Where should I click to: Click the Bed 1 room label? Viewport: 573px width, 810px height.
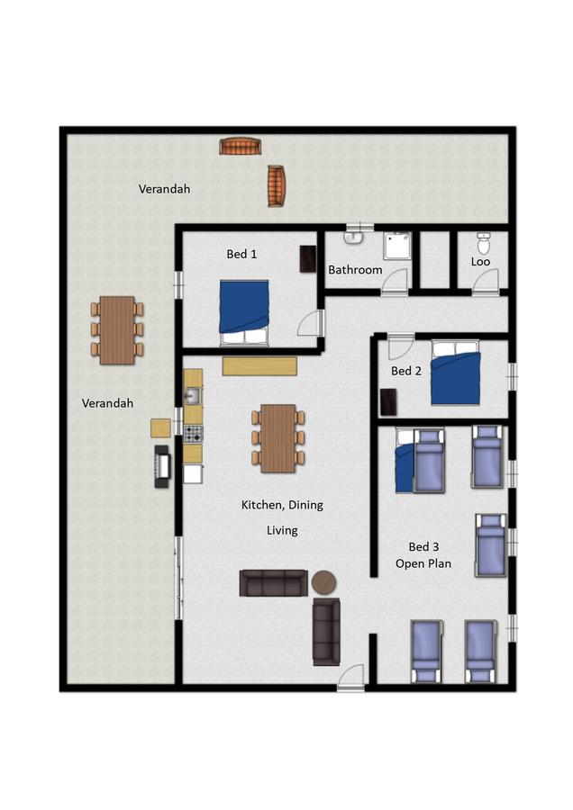pos(241,254)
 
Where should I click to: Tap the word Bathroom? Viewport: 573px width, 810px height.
pos(355,270)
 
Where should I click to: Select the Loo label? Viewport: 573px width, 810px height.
pos(480,261)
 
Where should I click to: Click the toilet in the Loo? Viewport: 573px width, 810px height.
pos(484,242)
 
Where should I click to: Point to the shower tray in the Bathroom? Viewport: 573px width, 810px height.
pos(397,246)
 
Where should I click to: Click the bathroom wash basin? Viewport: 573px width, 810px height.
pos(354,237)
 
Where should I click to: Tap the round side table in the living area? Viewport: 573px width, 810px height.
pos(323,582)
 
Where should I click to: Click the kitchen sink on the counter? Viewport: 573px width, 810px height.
pos(193,396)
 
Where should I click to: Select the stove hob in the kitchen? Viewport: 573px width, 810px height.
pos(194,434)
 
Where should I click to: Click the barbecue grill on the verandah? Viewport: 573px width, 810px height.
pos(163,466)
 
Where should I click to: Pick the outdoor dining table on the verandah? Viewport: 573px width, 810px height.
pos(117,330)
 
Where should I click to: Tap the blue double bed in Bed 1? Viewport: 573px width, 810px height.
pos(244,312)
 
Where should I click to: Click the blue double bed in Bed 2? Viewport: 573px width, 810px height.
pos(456,372)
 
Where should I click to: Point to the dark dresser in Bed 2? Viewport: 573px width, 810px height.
pos(388,402)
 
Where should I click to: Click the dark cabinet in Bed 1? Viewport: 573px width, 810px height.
pos(308,259)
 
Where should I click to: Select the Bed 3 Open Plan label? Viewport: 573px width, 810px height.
pos(423,555)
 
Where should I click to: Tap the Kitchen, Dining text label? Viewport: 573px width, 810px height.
pos(282,505)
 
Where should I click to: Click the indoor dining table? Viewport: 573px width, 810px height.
pos(278,438)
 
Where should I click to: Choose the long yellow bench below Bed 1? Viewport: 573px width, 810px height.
pos(259,365)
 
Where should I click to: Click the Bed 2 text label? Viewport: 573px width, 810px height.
pos(406,371)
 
